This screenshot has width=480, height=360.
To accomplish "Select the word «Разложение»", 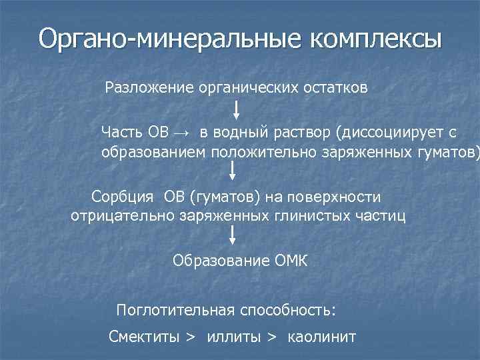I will [x=148, y=88].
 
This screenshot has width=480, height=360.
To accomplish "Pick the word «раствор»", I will [x=303, y=132].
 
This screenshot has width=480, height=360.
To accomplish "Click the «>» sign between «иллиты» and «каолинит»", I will [x=271, y=337].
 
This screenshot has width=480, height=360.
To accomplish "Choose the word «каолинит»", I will [x=322, y=337].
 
